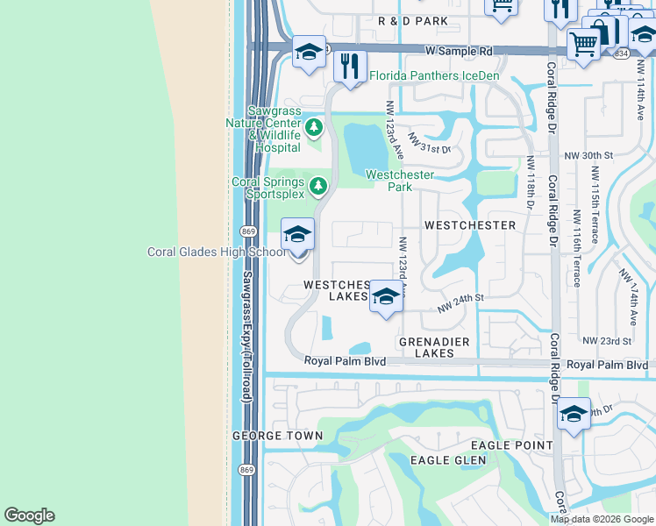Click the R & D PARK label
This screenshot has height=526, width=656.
pyautogui.click(x=412, y=20)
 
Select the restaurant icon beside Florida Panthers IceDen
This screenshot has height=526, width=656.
pyautogui.click(x=351, y=67)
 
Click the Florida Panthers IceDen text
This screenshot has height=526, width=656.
pyautogui.click(x=434, y=76)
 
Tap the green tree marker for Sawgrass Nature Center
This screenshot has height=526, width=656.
pyautogui.click(x=315, y=132)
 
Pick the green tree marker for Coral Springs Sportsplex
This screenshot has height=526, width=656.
pyautogui.click(x=318, y=186)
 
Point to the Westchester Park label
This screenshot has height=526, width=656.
pyautogui.click(x=400, y=181)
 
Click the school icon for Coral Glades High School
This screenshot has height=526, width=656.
pyautogui.click(x=297, y=235)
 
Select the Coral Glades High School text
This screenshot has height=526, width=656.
pyautogui.click(x=216, y=252)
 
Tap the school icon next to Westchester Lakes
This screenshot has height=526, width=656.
pyautogui.click(x=384, y=297)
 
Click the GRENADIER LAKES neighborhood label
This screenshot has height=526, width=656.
pyautogui.click(x=433, y=347)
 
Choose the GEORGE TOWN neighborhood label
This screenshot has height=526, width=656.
pyautogui.click(x=271, y=436)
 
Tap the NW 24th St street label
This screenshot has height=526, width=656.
pyautogui.click(x=460, y=302)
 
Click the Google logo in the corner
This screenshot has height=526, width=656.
pyautogui.click(x=29, y=515)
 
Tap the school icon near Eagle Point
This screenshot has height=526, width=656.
pyautogui.click(x=574, y=415)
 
